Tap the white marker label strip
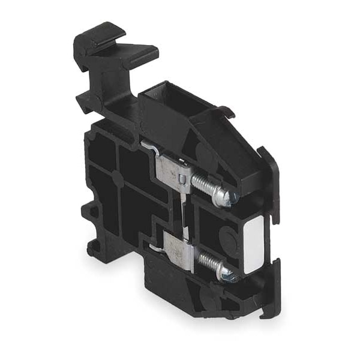[x=253, y=244]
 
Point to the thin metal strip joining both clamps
[x=185, y=213]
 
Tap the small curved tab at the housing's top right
[x=226, y=110]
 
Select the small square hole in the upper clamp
[x=181, y=179]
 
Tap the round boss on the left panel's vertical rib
[x=118, y=179]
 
